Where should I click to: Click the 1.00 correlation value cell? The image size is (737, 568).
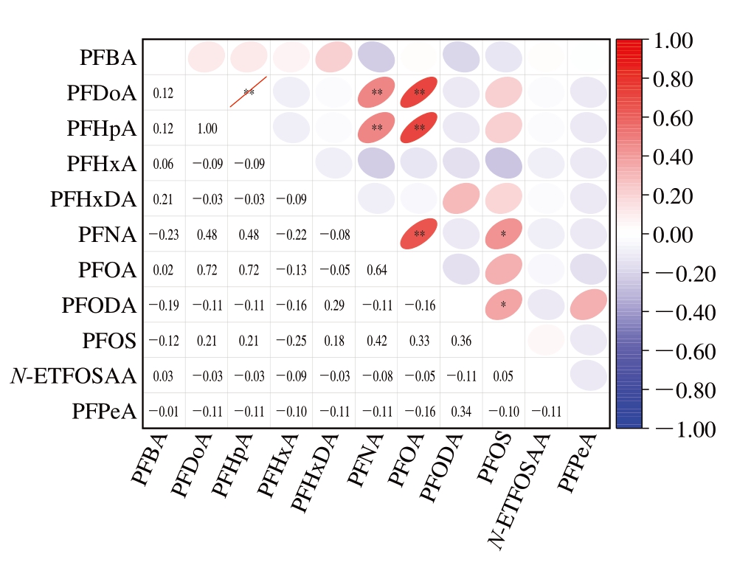pyautogui.click(x=207, y=128)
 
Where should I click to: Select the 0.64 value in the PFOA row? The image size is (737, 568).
pyautogui.click(x=377, y=270)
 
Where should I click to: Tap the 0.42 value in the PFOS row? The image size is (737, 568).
pyautogui.click(x=377, y=341)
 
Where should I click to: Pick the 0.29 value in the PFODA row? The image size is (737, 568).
pyautogui.click(x=334, y=305)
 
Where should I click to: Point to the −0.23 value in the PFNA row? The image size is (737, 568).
pyautogui.click(x=163, y=235)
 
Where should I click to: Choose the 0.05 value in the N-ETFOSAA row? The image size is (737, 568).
pyautogui.click(x=503, y=376)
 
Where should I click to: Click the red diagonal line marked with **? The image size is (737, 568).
pyautogui.click(x=249, y=92)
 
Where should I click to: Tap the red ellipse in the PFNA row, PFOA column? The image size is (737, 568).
pyautogui.click(x=419, y=235)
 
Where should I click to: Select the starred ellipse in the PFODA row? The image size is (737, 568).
pyautogui.click(x=504, y=305)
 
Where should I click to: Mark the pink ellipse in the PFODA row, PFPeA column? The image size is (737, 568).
pyautogui.click(x=588, y=305)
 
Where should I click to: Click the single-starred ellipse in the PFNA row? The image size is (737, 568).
pyautogui.click(x=504, y=235)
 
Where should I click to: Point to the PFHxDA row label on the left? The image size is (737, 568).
pyautogui.click(x=94, y=200)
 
